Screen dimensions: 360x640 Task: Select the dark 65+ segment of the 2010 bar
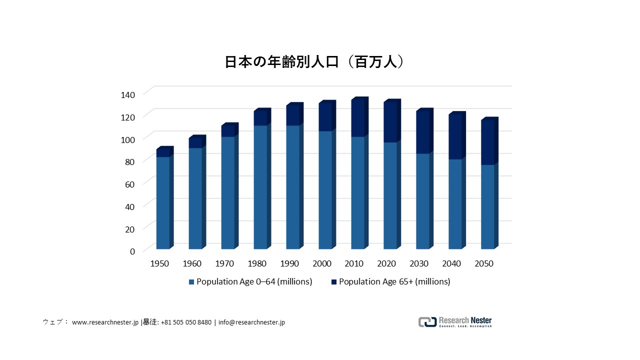(357, 118)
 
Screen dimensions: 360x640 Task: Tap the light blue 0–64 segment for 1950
(162, 202)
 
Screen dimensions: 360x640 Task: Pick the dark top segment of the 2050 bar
(487, 142)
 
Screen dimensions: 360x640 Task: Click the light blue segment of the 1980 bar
(260, 187)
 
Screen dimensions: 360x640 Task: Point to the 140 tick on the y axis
(128, 94)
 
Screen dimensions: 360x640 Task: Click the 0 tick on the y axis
(132, 251)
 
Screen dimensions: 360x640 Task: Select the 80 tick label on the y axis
(130, 161)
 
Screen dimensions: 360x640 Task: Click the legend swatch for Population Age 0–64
(191, 282)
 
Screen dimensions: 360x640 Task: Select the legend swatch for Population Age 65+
(333, 282)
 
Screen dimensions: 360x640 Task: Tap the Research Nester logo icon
(427, 322)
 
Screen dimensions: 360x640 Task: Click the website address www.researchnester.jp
(105, 322)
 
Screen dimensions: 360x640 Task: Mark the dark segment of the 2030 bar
(422, 132)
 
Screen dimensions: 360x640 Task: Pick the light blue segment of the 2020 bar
(390, 195)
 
